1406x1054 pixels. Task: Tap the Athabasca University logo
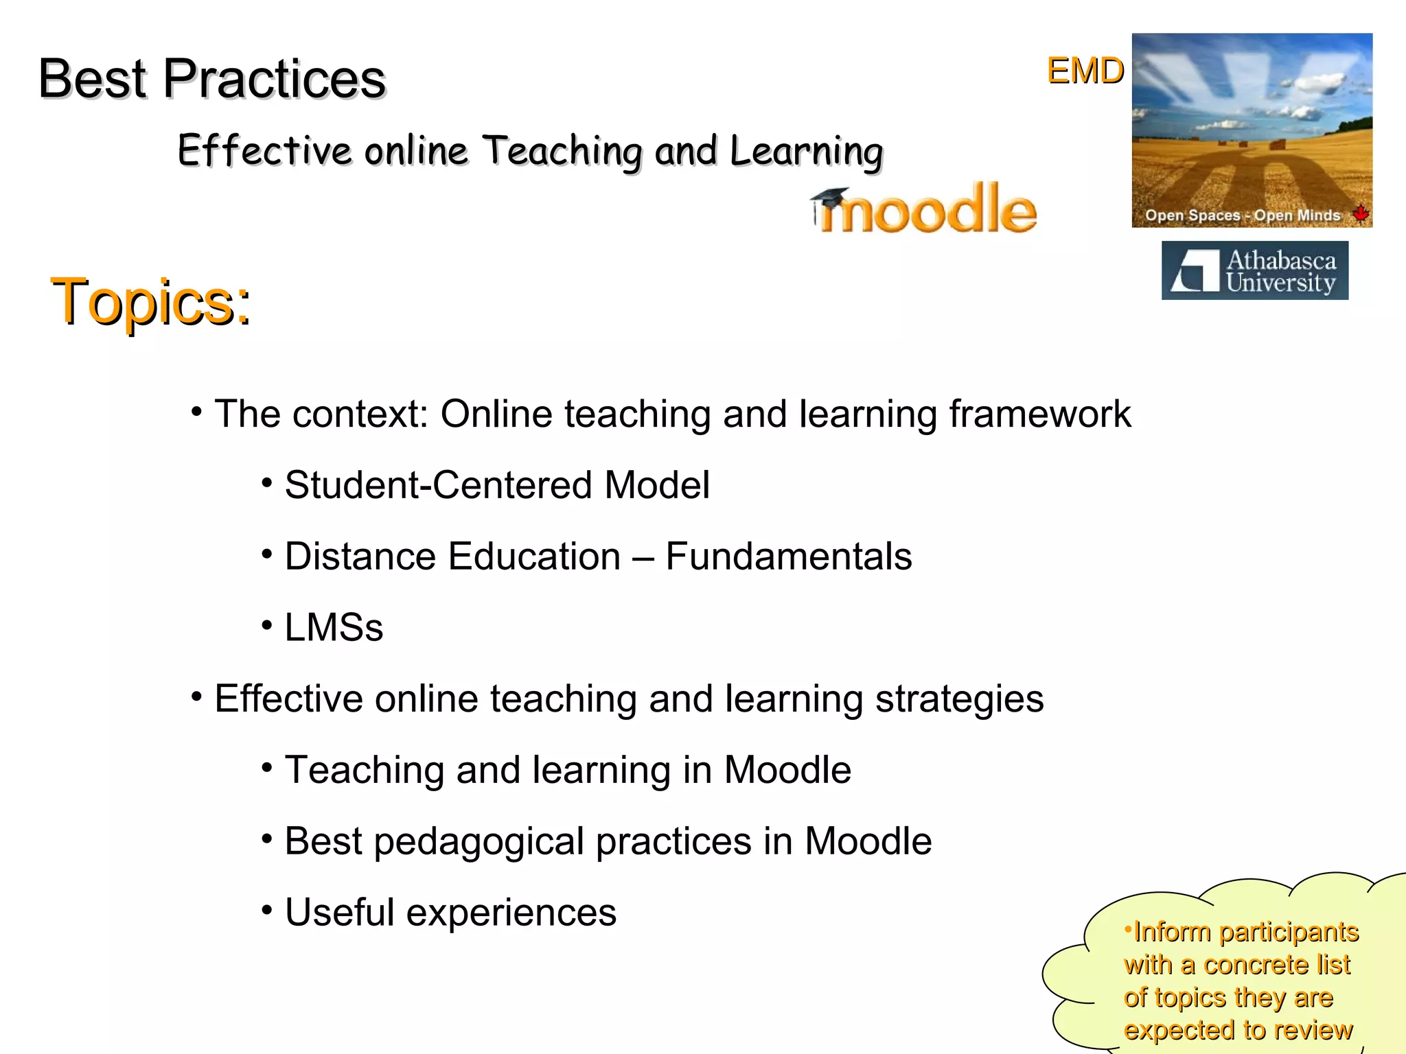(1254, 270)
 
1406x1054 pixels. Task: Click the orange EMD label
(1085, 71)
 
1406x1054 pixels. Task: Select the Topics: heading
(151, 302)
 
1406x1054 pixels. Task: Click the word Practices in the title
(274, 79)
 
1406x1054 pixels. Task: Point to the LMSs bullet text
(334, 627)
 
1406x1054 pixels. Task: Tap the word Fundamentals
(789, 557)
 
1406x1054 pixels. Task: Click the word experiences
(511, 913)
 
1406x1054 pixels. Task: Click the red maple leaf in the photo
(1360, 213)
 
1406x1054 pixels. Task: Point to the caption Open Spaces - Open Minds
(1242, 215)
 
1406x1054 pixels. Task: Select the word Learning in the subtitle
(806, 152)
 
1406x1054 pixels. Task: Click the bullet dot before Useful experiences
(267, 911)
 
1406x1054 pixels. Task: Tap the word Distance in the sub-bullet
(360, 557)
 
